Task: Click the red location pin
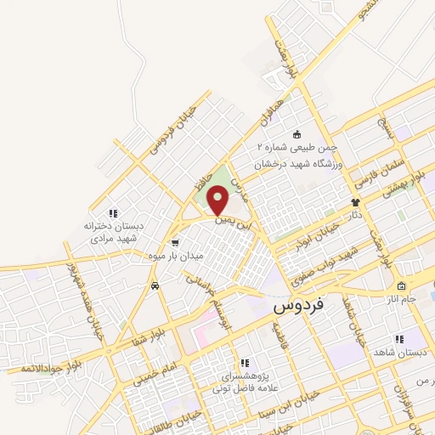[x=218, y=201]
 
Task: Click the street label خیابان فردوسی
[x=173, y=130]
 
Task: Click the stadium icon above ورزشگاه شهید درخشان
[x=297, y=134]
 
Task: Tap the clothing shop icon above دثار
[x=355, y=202]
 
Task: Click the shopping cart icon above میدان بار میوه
[x=174, y=241]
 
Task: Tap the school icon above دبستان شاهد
[x=398, y=339]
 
